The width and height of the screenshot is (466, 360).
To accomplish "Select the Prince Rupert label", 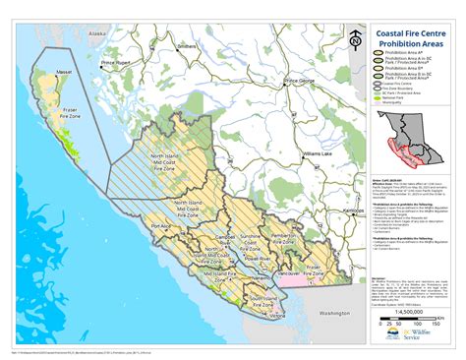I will (x=118, y=64).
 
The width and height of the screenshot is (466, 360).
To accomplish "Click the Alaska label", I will (x=96, y=33).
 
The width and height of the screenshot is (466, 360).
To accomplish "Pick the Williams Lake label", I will (x=319, y=154).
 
